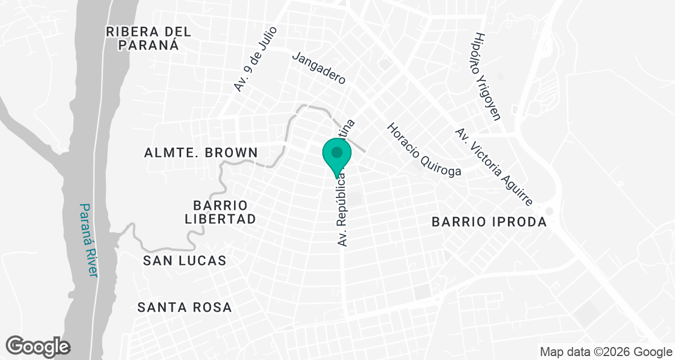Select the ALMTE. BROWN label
coord(201,152)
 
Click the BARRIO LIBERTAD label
coord(220,211)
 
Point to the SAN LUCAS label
coord(184,260)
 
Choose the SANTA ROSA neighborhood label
coord(184,307)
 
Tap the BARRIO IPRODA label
coord(489,222)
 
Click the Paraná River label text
coord(88,240)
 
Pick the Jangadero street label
coord(318,69)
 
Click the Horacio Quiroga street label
coord(424,149)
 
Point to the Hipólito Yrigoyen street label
coord(488,75)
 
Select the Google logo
coord(38,346)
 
